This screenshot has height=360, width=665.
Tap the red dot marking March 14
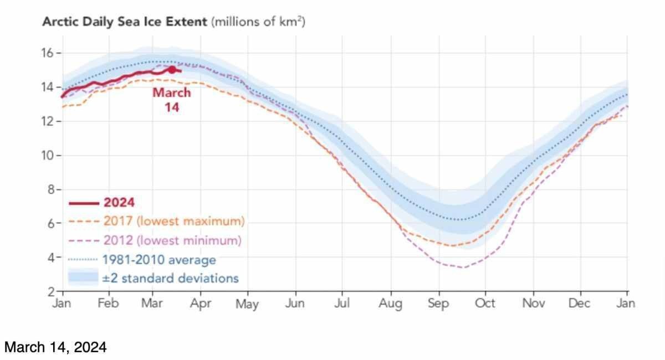point(172,69)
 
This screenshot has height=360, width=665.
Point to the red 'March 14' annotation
point(172,100)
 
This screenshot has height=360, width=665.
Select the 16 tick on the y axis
point(48,53)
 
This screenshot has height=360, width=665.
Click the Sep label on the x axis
point(438,304)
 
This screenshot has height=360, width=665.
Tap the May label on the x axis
point(247,304)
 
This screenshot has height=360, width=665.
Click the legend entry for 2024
point(119,203)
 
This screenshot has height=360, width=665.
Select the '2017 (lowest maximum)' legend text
point(173,221)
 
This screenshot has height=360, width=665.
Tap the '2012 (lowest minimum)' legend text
point(172,240)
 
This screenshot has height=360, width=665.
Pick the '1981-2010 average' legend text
point(159,259)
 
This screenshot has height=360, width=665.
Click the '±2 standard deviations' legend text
point(171,277)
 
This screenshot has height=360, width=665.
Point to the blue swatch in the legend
point(83,277)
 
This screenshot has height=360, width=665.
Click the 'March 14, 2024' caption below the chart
point(55,347)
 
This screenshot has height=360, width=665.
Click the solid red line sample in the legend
point(83,203)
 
